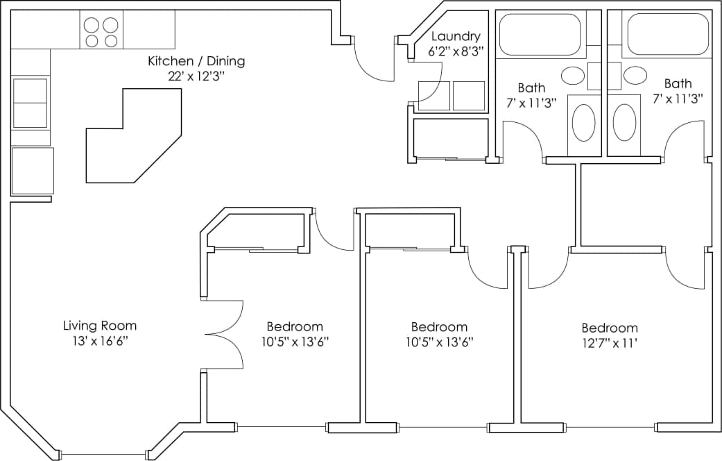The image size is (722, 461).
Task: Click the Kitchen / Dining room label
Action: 196,61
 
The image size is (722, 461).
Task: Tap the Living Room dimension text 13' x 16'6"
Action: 100,341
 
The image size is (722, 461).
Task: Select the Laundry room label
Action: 455,36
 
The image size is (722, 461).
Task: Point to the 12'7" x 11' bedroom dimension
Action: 609,343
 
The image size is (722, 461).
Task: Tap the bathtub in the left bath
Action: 540,34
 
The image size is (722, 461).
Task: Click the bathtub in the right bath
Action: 667,34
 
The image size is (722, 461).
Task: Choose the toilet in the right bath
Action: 624,123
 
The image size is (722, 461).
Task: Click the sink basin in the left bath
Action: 572,75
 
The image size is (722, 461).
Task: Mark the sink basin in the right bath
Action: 635,75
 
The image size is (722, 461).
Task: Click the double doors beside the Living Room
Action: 224,334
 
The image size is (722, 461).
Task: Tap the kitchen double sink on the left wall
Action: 30,103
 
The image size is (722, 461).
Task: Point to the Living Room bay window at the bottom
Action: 103,455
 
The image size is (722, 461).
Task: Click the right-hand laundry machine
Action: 469,96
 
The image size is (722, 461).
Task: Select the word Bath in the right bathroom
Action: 678,84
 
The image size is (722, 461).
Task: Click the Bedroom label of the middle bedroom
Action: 439,327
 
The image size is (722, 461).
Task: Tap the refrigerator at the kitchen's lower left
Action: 33,171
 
